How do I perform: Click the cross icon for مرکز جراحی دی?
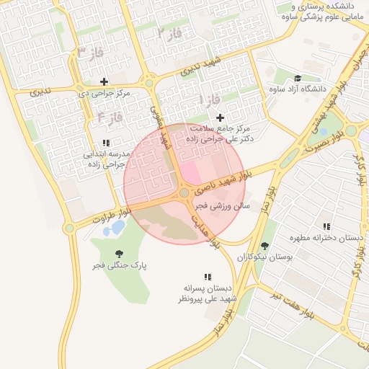point(105,81)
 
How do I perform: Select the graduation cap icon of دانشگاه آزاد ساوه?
point(298,78)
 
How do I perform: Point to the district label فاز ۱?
point(210,100)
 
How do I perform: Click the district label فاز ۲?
point(167,31)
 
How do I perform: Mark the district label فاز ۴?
point(110,116)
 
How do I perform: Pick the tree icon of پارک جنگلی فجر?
point(119,254)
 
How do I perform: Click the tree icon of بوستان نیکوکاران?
point(264,245)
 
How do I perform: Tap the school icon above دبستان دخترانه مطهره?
point(327,226)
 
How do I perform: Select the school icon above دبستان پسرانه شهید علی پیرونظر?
point(208,276)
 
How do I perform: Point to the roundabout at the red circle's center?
point(184,192)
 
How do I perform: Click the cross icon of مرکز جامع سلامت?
point(220,117)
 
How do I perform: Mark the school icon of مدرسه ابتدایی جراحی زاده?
point(106,143)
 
